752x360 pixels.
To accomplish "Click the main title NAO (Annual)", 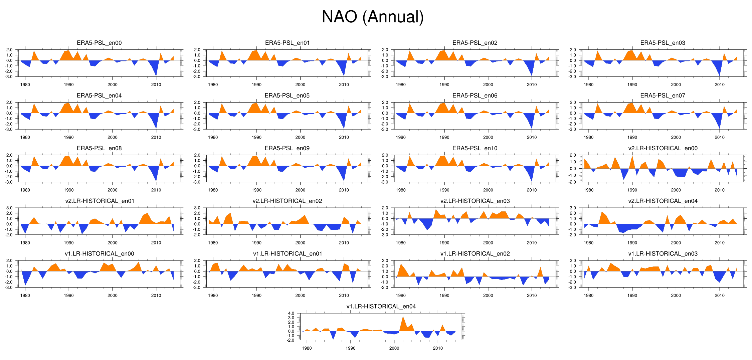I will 372,17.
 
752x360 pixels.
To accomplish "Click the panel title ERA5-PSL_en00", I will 99,43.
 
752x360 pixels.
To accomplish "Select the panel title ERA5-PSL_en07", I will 663,96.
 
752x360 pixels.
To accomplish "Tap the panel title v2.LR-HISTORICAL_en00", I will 663,148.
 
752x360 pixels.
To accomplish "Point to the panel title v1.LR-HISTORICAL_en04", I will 381,306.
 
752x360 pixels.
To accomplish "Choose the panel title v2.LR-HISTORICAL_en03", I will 475,201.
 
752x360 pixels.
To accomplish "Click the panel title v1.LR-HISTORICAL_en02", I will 475,253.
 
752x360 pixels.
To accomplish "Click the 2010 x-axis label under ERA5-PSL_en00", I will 156,84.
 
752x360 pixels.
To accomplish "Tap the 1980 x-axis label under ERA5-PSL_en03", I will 588,84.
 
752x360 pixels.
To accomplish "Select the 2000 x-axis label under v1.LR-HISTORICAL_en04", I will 394,348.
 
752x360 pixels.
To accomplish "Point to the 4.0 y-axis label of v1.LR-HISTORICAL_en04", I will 291,313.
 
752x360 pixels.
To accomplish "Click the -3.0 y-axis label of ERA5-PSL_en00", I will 9,76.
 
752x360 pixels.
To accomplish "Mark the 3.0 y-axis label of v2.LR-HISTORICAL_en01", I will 9,208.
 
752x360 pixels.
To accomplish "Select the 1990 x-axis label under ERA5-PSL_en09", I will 256,190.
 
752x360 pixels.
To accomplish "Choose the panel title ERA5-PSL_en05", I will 287,96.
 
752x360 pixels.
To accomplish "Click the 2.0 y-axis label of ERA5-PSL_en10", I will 385,155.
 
